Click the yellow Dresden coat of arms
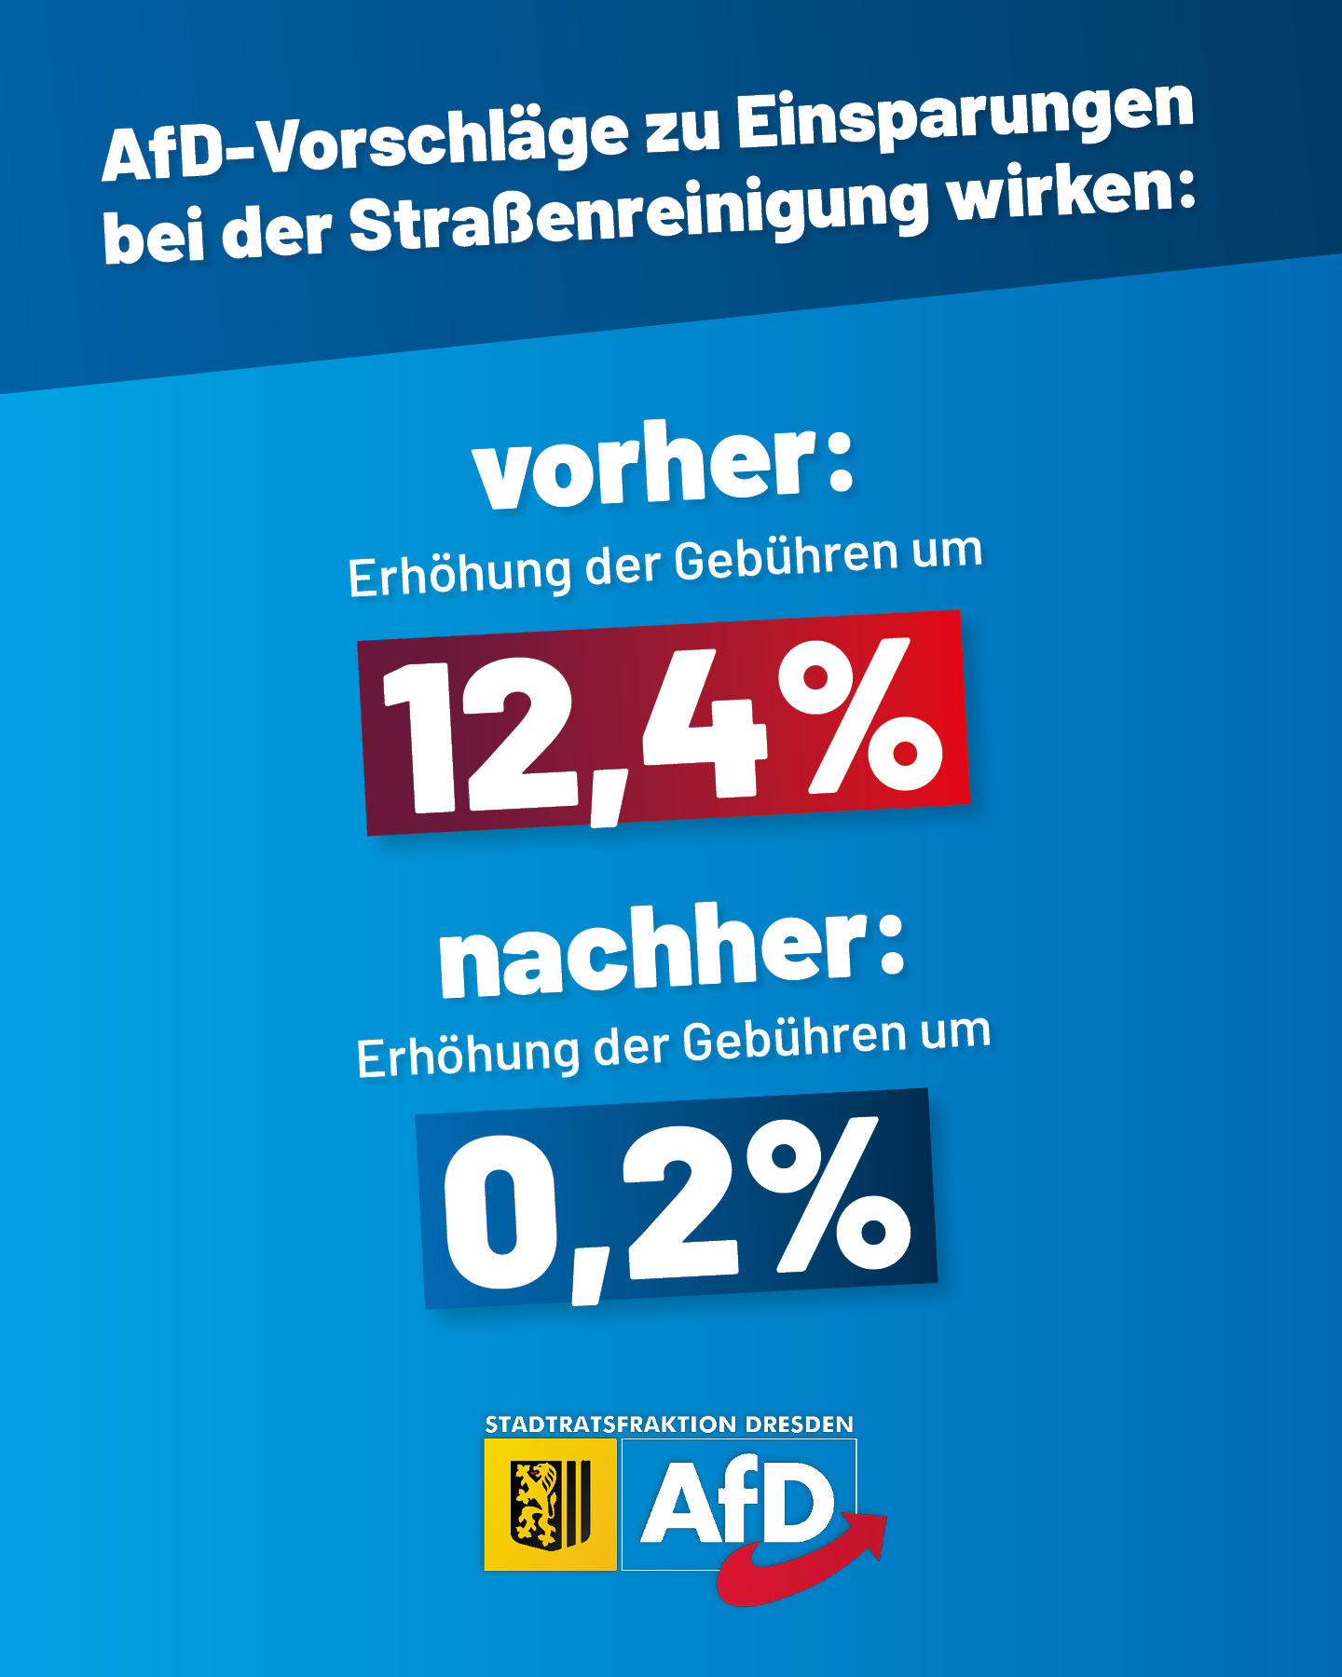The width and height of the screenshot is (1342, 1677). [x=550, y=1504]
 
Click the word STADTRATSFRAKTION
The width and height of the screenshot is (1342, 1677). [x=610, y=1425]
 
